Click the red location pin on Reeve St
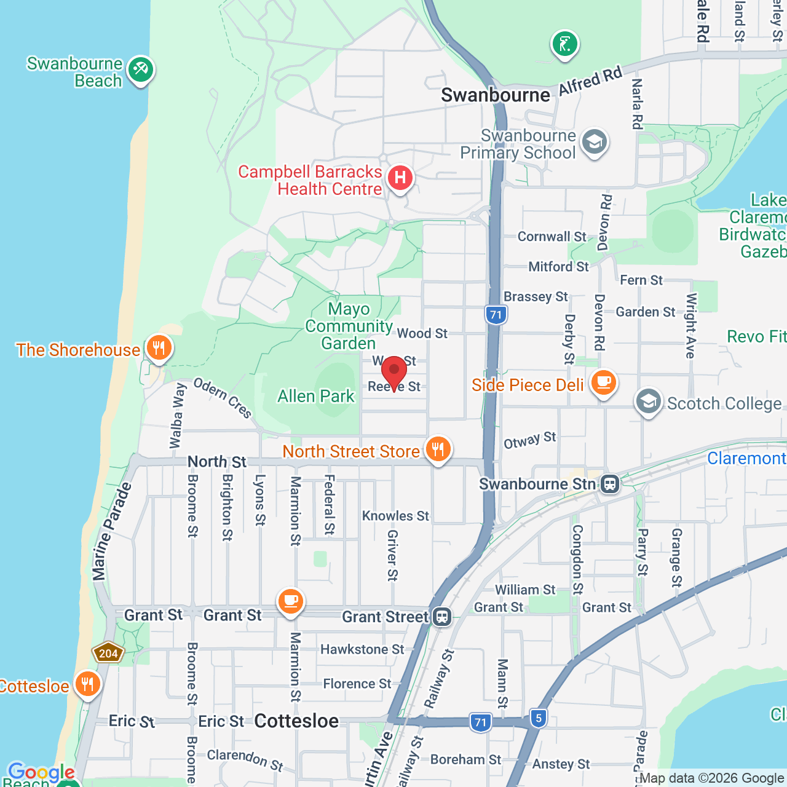[394, 372]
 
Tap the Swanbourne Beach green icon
[141, 69]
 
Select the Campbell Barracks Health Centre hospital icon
[400, 178]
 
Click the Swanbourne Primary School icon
[594, 143]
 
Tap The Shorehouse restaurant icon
[159, 349]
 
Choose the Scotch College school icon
[648, 402]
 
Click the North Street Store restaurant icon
[438, 449]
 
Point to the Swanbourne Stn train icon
[609, 484]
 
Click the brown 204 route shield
[108, 654]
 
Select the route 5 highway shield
[539, 718]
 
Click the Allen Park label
[316, 397]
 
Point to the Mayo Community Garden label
[349, 326]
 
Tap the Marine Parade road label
[112, 532]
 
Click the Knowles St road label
[395, 516]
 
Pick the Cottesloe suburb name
[296, 721]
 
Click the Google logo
[41, 772]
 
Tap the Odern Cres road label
[223, 398]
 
